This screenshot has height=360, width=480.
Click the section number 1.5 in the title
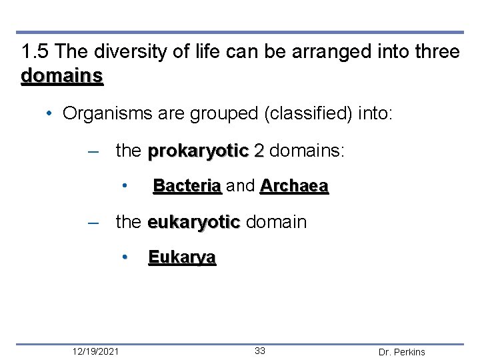coord(33,52)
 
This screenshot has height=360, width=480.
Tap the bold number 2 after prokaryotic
coord(259,151)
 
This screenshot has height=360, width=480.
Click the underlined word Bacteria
coord(187,187)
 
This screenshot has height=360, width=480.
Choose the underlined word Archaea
coord(294,187)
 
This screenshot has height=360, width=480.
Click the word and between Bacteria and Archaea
coord(241,187)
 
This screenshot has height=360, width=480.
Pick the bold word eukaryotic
coord(193,222)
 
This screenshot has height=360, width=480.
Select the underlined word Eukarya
coord(181,257)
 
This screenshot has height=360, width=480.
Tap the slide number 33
coord(259,351)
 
